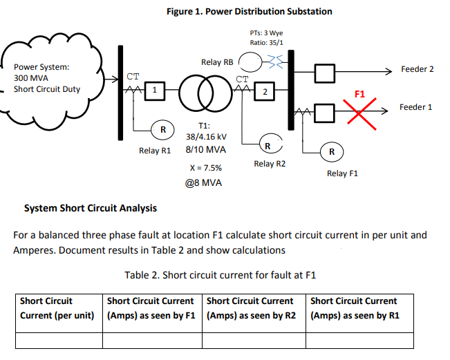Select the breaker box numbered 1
coord(156,90)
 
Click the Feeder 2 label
coord(418,70)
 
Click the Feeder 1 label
coord(416,107)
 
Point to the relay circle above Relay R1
coord(162,129)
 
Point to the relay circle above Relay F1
coord(332,151)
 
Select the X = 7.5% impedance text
coord(205,168)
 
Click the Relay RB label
coord(216,62)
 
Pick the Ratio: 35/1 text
coord(266,43)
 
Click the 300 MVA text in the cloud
coord(31,78)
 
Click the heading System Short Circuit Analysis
coord(91,208)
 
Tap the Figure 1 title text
coord(250,11)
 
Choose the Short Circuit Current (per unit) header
coord(57,309)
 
